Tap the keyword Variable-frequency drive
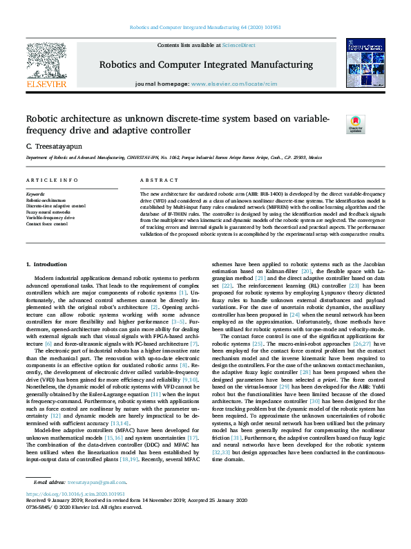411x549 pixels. [50, 218]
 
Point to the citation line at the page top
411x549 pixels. [204, 28]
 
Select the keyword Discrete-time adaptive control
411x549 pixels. [56, 205]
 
